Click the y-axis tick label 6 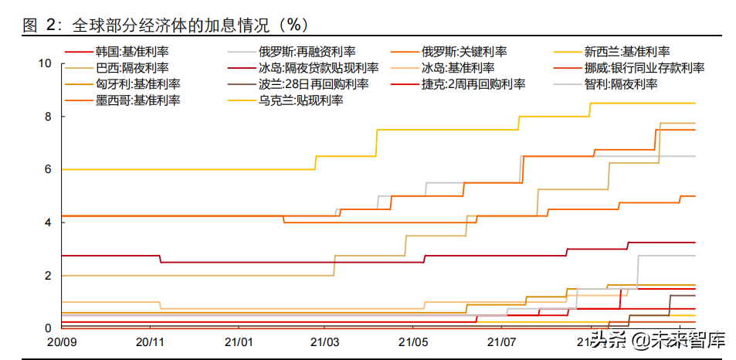pos(48,169)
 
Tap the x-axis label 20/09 pos(60,341)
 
